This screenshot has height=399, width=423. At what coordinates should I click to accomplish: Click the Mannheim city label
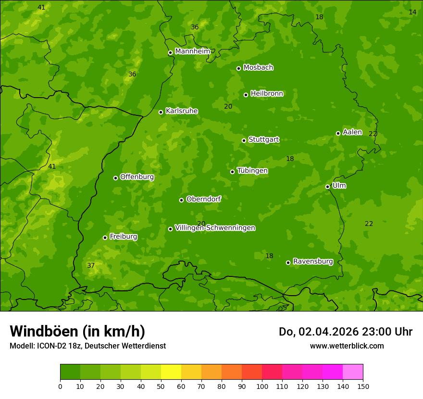(x=192, y=51)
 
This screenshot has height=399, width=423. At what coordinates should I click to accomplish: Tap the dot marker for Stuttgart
(x=244, y=140)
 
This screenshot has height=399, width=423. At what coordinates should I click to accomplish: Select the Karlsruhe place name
(x=181, y=111)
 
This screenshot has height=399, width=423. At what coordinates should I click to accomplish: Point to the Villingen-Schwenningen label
(x=215, y=228)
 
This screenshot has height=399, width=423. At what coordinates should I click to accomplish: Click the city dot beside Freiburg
(x=105, y=237)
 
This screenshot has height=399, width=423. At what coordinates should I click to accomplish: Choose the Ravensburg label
(x=312, y=262)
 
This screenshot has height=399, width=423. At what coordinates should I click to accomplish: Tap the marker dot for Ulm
(x=327, y=187)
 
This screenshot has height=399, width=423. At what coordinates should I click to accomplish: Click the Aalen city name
(x=352, y=132)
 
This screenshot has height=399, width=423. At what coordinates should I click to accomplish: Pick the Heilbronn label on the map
(x=267, y=94)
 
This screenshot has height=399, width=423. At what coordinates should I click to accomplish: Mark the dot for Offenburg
(x=115, y=178)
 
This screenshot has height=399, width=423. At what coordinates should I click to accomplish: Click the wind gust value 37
(x=91, y=265)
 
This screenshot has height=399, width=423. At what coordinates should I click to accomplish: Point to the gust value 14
(x=412, y=12)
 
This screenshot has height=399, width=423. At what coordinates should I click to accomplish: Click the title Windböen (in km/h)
(x=77, y=331)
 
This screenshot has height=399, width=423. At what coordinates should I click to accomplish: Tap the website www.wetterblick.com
(x=347, y=346)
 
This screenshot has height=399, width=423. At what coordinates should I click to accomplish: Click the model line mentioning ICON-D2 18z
(x=87, y=346)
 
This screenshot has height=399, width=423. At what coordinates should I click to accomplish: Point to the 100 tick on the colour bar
(x=262, y=386)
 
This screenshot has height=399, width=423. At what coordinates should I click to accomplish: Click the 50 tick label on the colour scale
(x=161, y=386)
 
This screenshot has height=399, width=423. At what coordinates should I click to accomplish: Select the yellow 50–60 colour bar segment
(x=171, y=372)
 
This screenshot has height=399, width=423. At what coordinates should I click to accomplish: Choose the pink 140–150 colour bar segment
(x=353, y=372)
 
